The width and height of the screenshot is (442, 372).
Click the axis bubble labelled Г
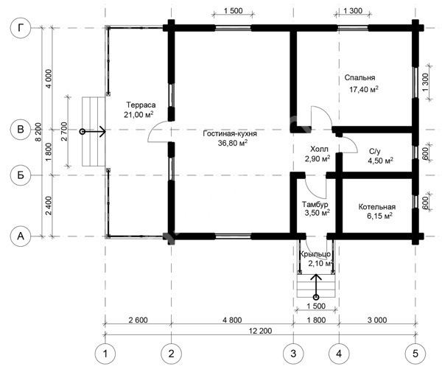pos(21,28)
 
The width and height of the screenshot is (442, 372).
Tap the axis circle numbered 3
pos(293,354)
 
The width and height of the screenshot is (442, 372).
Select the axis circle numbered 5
pos(415,354)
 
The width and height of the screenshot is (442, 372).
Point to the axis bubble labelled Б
pos(21,175)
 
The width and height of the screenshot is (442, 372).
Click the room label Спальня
pos(359,78)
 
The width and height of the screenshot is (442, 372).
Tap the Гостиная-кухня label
pos(230,133)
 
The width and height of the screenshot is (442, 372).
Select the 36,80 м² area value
pos(233,143)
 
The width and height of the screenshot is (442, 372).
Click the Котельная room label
pos(377,207)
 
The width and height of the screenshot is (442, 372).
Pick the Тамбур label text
pos(315,204)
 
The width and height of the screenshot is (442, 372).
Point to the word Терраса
pos(141,105)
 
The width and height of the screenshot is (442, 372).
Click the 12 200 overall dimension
pos(260,331)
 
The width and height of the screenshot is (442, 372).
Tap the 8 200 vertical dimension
pos(38,132)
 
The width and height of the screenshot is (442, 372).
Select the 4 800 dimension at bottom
pos(232,320)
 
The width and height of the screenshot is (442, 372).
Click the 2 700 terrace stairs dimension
pos(64,131)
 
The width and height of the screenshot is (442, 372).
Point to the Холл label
pos(319,149)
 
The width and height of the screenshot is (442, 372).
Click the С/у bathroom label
pos(375,152)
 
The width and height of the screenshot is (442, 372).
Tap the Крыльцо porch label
pos(315,254)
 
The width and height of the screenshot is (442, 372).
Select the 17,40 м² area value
pos(364,89)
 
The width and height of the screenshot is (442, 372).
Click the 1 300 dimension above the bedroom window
pos(353,11)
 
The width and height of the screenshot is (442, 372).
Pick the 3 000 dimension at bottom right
pos(377,320)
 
